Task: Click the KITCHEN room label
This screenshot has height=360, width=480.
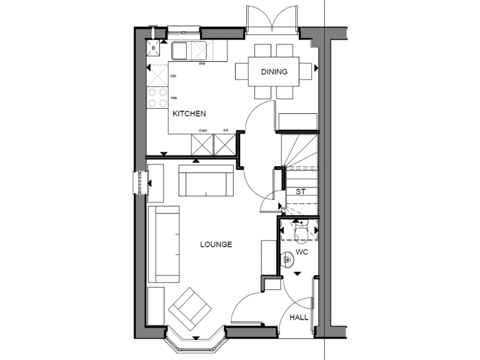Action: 189,114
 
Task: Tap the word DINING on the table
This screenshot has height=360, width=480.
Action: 274,72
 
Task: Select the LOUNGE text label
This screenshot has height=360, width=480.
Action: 216,244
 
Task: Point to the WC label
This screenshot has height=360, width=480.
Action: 302,252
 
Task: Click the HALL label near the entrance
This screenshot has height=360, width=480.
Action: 299,318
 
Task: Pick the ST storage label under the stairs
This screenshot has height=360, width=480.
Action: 301,192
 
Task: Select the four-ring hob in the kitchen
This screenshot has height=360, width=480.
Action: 157,97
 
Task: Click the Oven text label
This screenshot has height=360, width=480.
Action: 202,130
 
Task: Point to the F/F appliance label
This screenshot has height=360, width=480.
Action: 226,130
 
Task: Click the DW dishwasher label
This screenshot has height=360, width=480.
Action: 173,76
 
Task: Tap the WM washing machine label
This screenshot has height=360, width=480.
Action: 202,64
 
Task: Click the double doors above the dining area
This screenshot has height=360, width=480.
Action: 271,19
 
